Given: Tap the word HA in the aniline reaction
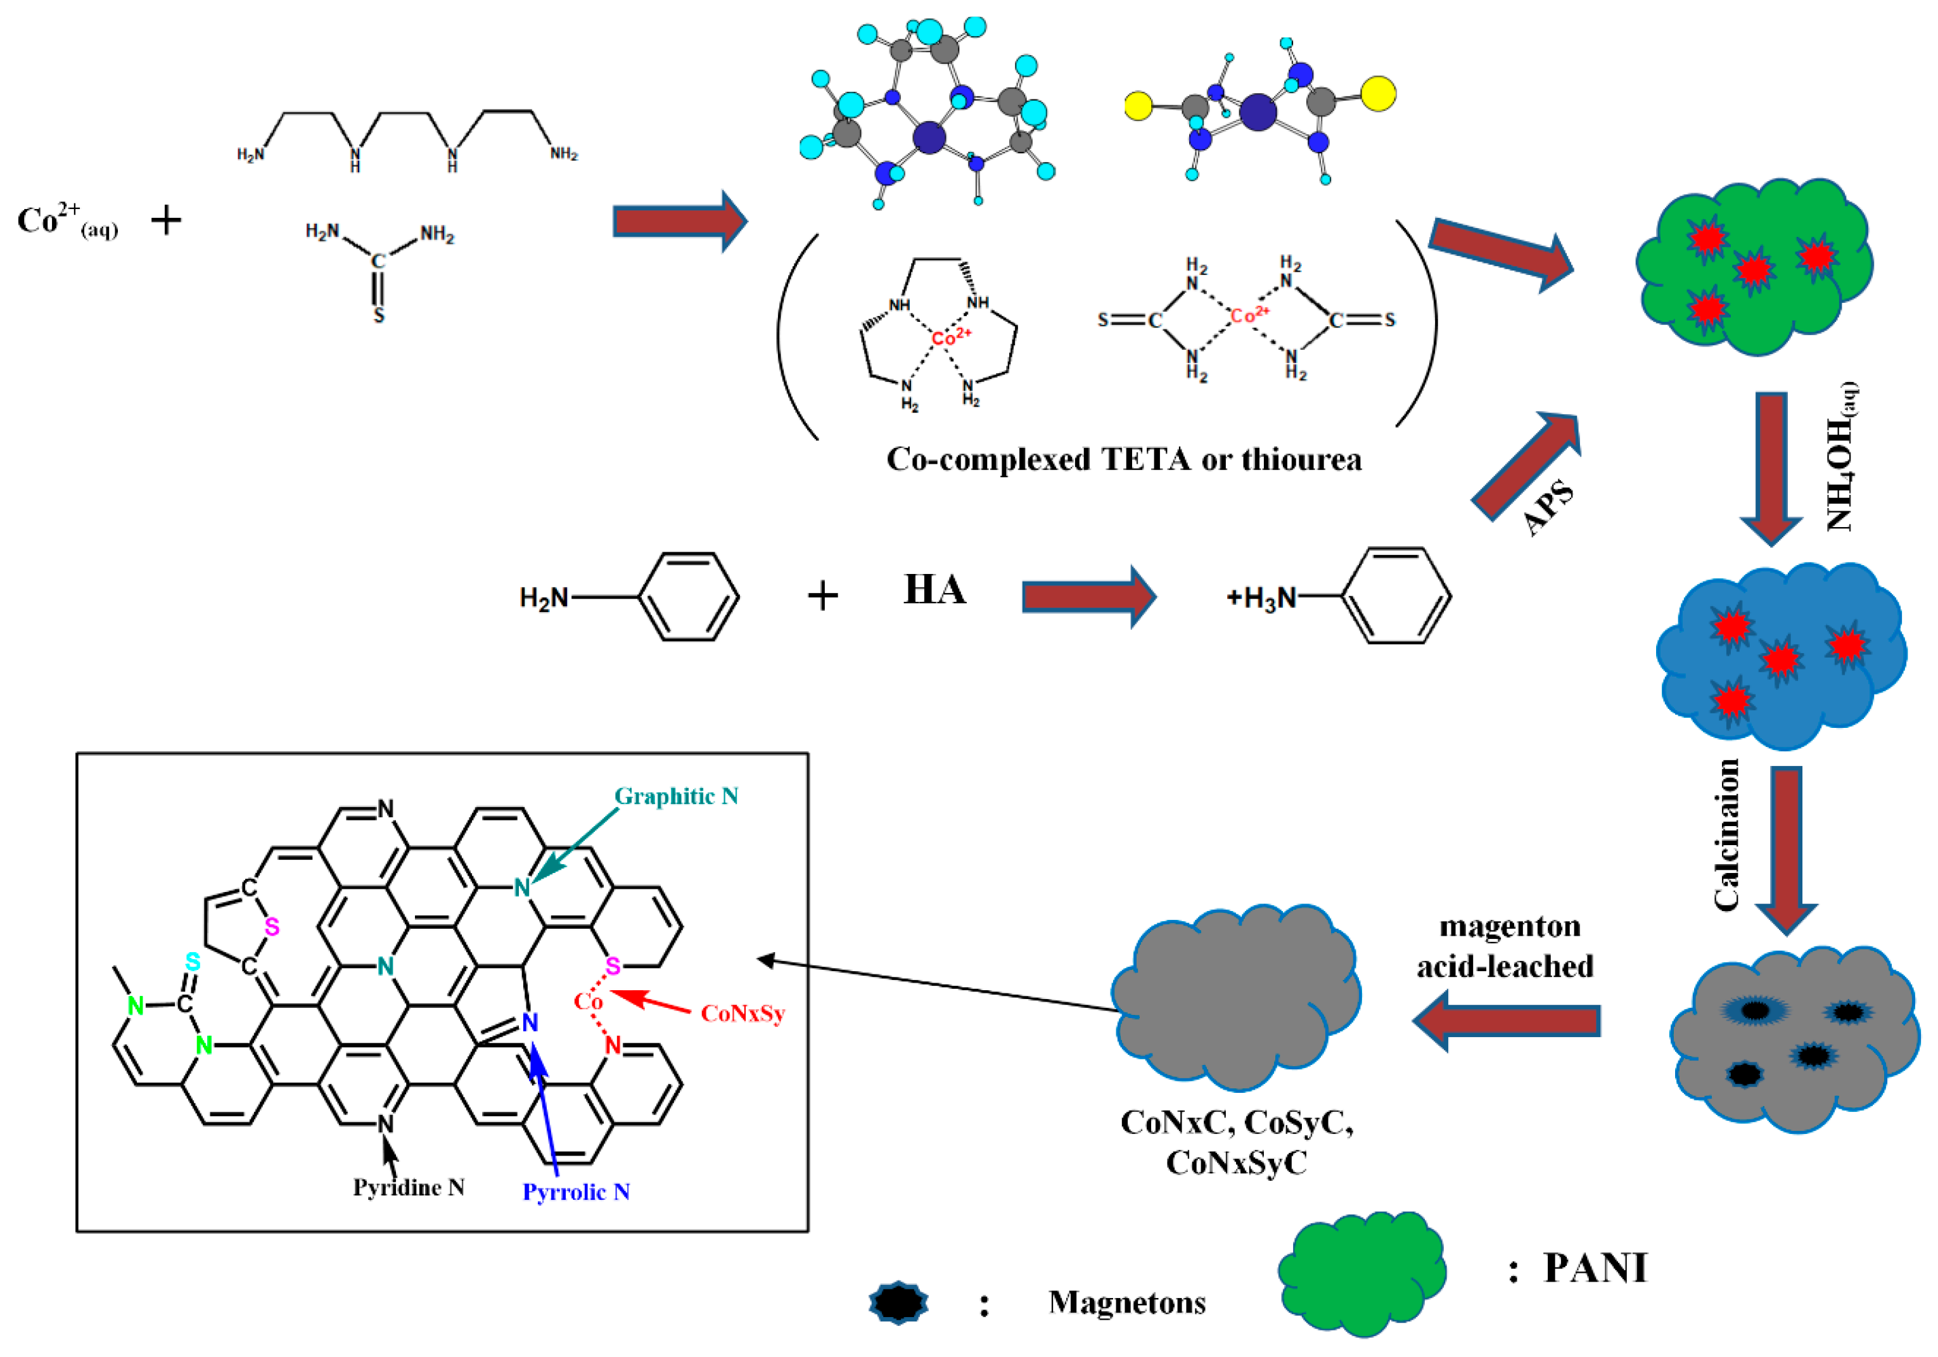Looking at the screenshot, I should (x=934, y=590).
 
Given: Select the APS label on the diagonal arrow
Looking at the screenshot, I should (x=1549, y=507).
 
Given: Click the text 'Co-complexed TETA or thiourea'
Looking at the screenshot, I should (x=1123, y=460).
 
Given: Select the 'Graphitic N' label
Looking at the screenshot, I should (x=676, y=796).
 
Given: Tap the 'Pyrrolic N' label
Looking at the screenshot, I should (x=576, y=1192).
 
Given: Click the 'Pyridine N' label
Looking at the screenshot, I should (x=409, y=1187).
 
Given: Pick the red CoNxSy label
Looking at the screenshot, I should (x=743, y=1013).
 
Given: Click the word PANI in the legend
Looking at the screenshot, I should (x=1595, y=1268).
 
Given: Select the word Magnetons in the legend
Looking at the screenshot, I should (x=1127, y=1302).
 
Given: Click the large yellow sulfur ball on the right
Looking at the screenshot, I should (x=1377, y=94).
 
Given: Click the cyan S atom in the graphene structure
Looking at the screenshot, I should (x=193, y=962).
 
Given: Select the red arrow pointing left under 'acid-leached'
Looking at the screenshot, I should (x=1507, y=1021).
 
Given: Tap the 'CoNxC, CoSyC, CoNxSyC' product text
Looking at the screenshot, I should (x=1237, y=1142).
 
